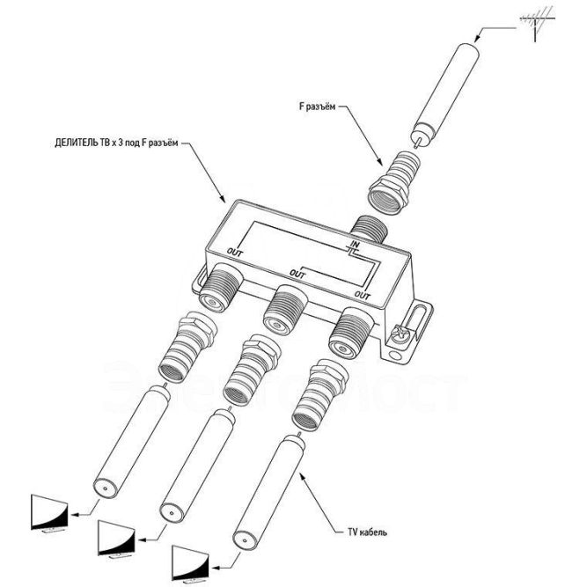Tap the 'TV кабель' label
point(362,533)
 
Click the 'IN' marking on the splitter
point(356,244)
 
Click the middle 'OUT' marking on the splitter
point(299,274)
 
